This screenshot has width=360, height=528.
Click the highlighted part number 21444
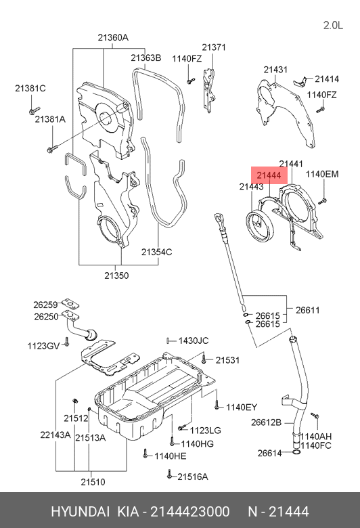pyautogui.click(x=269, y=175)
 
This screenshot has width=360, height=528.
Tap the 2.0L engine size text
pyautogui.click(x=333, y=25)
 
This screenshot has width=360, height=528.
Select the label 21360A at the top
pyautogui.click(x=113, y=37)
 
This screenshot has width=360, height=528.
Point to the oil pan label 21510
pyautogui.click(x=93, y=482)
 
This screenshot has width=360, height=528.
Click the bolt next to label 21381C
pyautogui.click(x=35, y=110)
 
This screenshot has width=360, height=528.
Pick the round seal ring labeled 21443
pyautogui.click(x=261, y=225)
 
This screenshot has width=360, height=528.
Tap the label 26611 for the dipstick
pyautogui.click(x=307, y=310)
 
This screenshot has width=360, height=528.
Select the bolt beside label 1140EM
pyautogui.click(x=322, y=201)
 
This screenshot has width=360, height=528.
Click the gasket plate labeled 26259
pyautogui.click(x=70, y=303)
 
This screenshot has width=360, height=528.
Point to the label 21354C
pyautogui.click(x=156, y=252)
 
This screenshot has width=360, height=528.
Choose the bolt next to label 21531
pyautogui.click(x=204, y=359)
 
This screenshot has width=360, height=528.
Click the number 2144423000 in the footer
pyautogui.click(x=190, y=512)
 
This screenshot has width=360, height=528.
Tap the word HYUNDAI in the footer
pyautogui.click(x=80, y=512)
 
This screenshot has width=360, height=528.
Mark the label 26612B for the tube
pyautogui.click(x=266, y=422)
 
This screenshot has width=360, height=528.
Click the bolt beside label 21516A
pyautogui.click(x=169, y=475)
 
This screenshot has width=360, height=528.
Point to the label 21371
pyautogui.click(x=214, y=47)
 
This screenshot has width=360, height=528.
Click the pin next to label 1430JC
pyautogui.click(x=168, y=340)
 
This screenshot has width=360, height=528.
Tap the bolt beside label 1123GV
pyautogui.click(x=67, y=342)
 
